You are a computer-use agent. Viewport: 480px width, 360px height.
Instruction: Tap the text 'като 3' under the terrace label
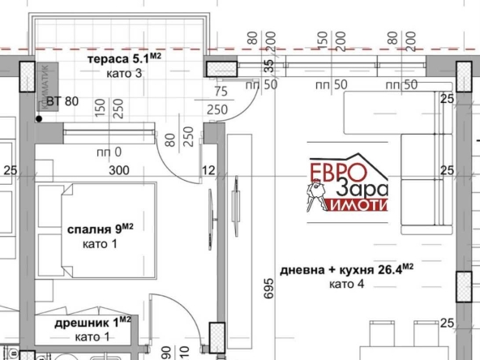123,73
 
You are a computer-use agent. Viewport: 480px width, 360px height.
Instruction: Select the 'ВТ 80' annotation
63,101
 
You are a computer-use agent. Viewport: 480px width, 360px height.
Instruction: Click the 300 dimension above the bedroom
118,170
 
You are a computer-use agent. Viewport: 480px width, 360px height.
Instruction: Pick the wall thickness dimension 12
209,170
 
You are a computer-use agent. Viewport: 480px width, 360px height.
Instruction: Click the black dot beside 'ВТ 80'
38,119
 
